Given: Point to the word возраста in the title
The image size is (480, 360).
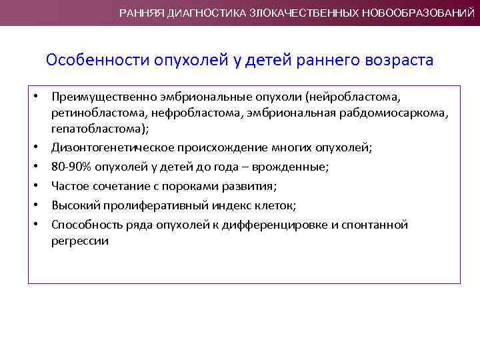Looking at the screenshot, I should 400,61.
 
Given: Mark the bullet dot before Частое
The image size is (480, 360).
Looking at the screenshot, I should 37,187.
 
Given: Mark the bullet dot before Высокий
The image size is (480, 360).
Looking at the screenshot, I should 37,206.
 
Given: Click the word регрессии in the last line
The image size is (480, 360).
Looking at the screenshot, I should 79,241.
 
